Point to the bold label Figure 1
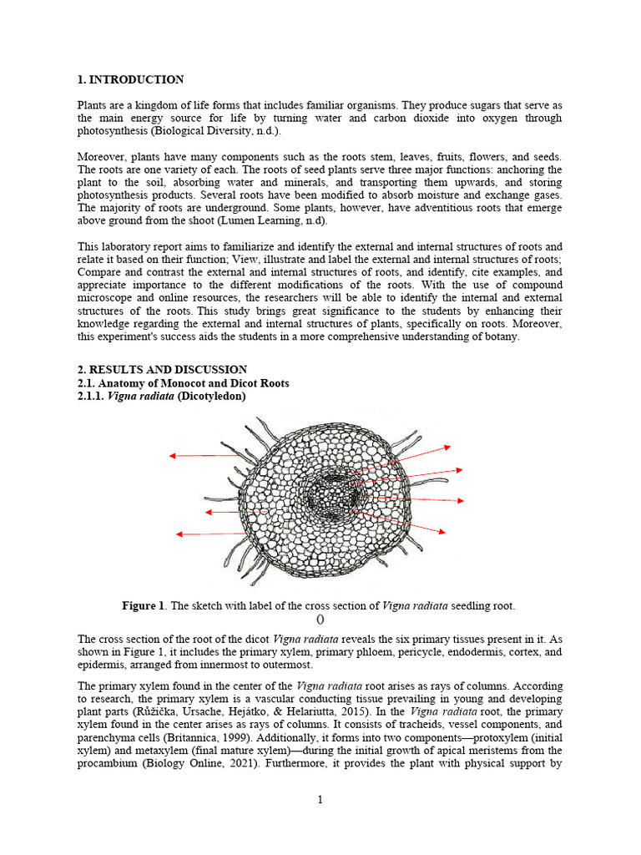click(144, 605)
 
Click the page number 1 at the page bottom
click(320, 800)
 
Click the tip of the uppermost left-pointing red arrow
click(170, 456)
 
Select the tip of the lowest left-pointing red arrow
click(178, 534)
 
